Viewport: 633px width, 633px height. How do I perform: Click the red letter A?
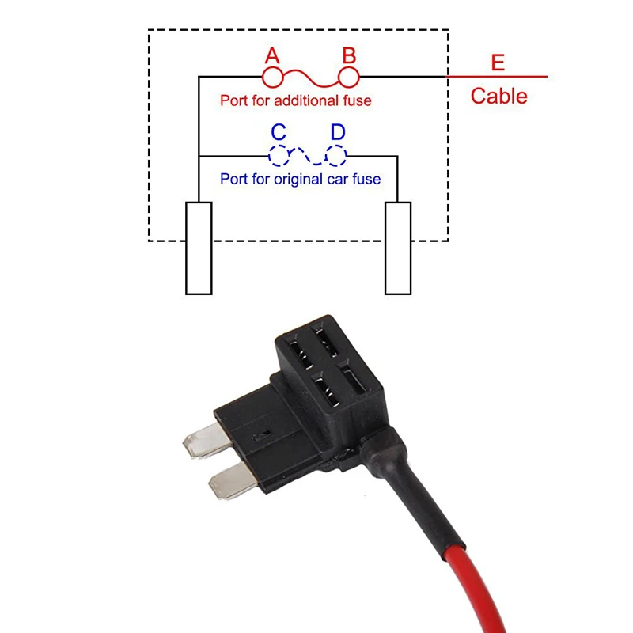coord(272,55)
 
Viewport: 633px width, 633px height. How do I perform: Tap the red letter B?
coord(349,55)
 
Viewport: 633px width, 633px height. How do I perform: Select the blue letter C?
coord(279,131)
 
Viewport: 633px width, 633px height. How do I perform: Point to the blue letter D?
coord(338,131)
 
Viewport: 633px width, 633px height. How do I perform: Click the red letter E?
coord(498,63)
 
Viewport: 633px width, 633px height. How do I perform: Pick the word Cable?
coord(499,96)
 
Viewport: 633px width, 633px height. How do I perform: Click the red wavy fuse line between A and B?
coord(311,78)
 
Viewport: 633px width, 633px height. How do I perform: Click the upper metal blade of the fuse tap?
coord(207,441)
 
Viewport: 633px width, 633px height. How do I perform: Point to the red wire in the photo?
coord(476,589)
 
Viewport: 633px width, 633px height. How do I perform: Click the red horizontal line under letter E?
coord(497,76)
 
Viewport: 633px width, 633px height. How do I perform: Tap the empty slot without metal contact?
coord(353,379)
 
